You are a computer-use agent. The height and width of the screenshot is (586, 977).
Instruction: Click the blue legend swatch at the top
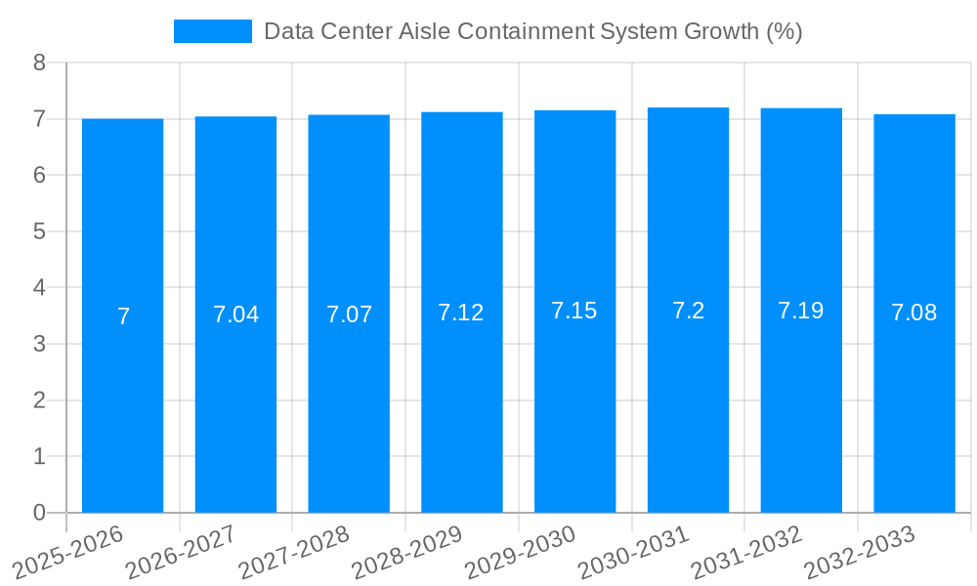212,31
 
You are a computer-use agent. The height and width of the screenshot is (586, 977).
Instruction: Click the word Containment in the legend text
518,31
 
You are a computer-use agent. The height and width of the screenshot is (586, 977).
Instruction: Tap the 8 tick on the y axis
39,63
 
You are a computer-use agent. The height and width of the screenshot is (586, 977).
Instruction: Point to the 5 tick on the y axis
39,231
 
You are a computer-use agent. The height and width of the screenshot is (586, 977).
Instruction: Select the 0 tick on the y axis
39,513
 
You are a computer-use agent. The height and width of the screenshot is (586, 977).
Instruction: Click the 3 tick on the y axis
39,344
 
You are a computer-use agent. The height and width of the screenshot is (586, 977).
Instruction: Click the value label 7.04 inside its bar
235,314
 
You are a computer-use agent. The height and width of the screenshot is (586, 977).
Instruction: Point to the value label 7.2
688,311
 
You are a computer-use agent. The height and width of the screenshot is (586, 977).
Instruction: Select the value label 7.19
801,311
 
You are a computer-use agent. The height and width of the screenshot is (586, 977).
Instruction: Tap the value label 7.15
574,311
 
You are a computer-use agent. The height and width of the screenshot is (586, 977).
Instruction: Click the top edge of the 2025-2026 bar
122,119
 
